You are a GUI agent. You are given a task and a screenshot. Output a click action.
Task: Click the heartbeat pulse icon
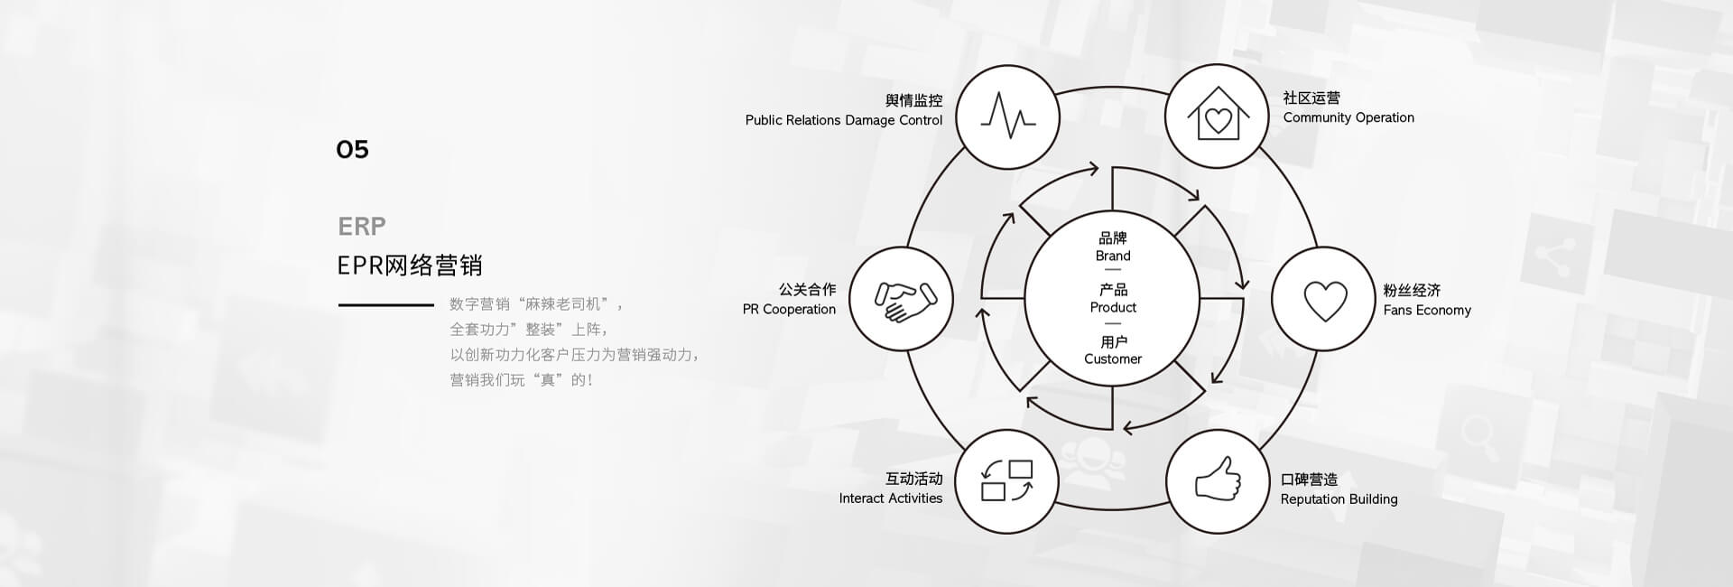pos(1007,116)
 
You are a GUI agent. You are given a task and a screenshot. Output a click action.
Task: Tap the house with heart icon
pos(1218,116)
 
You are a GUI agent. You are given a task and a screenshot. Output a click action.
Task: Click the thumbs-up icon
pos(1218,479)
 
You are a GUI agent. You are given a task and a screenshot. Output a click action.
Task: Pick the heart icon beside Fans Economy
pos(1324,300)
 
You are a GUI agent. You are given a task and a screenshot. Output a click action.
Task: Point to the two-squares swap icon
pos(1006,480)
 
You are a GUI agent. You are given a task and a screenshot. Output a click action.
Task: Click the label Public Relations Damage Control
pos(843,120)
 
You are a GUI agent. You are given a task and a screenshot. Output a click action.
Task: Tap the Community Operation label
pos(1348,117)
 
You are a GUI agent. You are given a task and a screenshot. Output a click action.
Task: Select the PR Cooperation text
pos(789,309)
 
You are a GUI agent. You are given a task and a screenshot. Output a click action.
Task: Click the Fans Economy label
pos(1427,310)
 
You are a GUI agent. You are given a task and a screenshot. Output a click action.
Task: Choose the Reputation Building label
pos(1339,498)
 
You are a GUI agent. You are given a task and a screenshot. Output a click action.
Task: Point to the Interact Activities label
pos(890,498)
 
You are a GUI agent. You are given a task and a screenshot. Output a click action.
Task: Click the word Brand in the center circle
pos(1113,256)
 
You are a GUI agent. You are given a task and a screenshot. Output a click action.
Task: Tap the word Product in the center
pos(1113,307)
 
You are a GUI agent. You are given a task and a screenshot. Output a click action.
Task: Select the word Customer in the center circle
pos(1113,359)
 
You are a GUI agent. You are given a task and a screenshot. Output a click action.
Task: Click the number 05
pos(352,149)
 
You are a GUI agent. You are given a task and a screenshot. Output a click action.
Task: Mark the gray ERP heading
pos(361,226)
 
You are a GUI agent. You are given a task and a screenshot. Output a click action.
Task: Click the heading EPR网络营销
pos(410,266)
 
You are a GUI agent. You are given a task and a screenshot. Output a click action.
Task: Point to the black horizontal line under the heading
pos(386,305)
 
